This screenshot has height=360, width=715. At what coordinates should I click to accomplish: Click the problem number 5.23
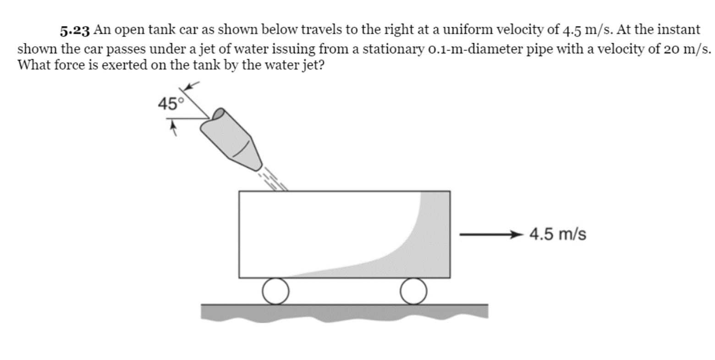tap(76, 31)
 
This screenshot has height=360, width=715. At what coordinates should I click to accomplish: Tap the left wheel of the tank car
tap(276, 291)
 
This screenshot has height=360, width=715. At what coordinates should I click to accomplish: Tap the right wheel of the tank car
tap(413, 291)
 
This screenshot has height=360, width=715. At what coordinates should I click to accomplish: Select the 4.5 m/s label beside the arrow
tap(557, 234)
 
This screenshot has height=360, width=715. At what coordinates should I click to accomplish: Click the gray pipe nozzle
tap(231, 140)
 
